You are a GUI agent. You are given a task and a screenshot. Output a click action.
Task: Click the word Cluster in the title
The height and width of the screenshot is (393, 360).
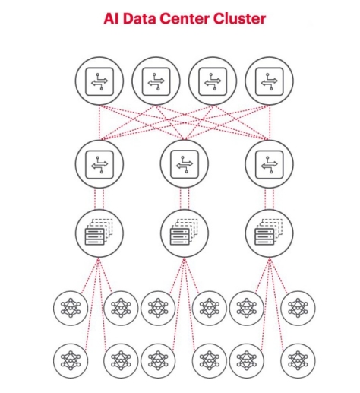click(x=239, y=18)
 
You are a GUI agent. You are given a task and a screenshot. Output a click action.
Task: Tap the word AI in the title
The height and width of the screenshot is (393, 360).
click(x=111, y=18)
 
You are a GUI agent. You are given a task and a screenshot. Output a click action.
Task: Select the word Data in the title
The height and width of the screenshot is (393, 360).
click(x=139, y=18)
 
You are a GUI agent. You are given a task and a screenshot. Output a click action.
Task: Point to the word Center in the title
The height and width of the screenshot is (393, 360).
click(x=185, y=18)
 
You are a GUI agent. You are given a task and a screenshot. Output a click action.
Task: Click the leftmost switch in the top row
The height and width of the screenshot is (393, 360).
click(x=99, y=81)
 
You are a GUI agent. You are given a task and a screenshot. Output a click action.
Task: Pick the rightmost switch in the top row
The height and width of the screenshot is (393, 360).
click(x=270, y=81)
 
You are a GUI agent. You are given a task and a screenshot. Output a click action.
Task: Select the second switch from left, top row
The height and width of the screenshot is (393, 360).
click(x=156, y=81)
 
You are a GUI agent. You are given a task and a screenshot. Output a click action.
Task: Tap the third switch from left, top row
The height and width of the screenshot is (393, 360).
click(x=213, y=81)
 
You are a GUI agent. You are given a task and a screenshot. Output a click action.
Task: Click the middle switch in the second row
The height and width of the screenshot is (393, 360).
click(x=185, y=164)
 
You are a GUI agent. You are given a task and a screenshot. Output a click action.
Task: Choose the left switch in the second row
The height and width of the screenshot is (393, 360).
click(x=99, y=164)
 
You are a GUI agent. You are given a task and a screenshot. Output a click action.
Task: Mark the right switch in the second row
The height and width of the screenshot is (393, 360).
click(x=270, y=164)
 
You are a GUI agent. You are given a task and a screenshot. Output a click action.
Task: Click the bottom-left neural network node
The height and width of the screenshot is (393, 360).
click(x=71, y=360)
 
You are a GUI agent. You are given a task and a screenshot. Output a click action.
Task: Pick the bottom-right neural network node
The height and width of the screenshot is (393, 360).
click(x=298, y=360)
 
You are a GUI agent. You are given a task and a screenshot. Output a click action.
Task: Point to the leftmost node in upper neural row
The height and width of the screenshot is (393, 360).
click(x=71, y=308)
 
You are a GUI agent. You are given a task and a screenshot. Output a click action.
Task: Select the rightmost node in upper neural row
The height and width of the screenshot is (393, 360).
click(x=298, y=308)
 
